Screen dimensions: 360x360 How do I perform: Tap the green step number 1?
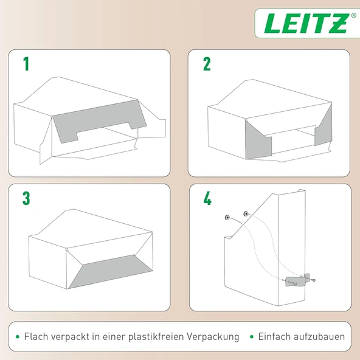pyautogui.click(x=26, y=64)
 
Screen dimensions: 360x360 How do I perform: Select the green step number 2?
pyautogui.click(x=207, y=64)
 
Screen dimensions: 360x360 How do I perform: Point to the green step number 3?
pyautogui.click(x=26, y=198)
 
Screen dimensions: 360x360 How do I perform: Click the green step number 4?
pyautogui.click(x=207, y=198)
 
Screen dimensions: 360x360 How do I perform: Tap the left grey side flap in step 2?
pyautogui.click(x=258, y=140)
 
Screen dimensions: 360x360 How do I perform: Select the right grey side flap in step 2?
pyautogui.click(x=324, y=128)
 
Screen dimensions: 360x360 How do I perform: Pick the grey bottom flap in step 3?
pyautogui.click(x=111, y=271)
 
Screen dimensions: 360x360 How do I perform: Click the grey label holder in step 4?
pyautogui.click(x=297, y=280)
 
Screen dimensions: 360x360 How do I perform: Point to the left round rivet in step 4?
pyautogui.click(x=227, y=217)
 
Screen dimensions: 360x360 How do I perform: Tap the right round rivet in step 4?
pyautogui.click(x=246, y=214)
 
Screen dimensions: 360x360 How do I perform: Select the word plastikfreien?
pyautogui.click(x=156, y=337)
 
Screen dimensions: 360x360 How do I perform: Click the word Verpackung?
pyautogui.click(x=213, y=337)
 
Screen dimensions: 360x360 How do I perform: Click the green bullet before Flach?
pyautogui.click(x=18, y=337)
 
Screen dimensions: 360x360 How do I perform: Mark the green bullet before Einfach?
pyautogui.click(x=252, y=337)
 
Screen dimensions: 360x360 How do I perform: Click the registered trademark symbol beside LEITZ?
pyautogui.click(x=354, y=15)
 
